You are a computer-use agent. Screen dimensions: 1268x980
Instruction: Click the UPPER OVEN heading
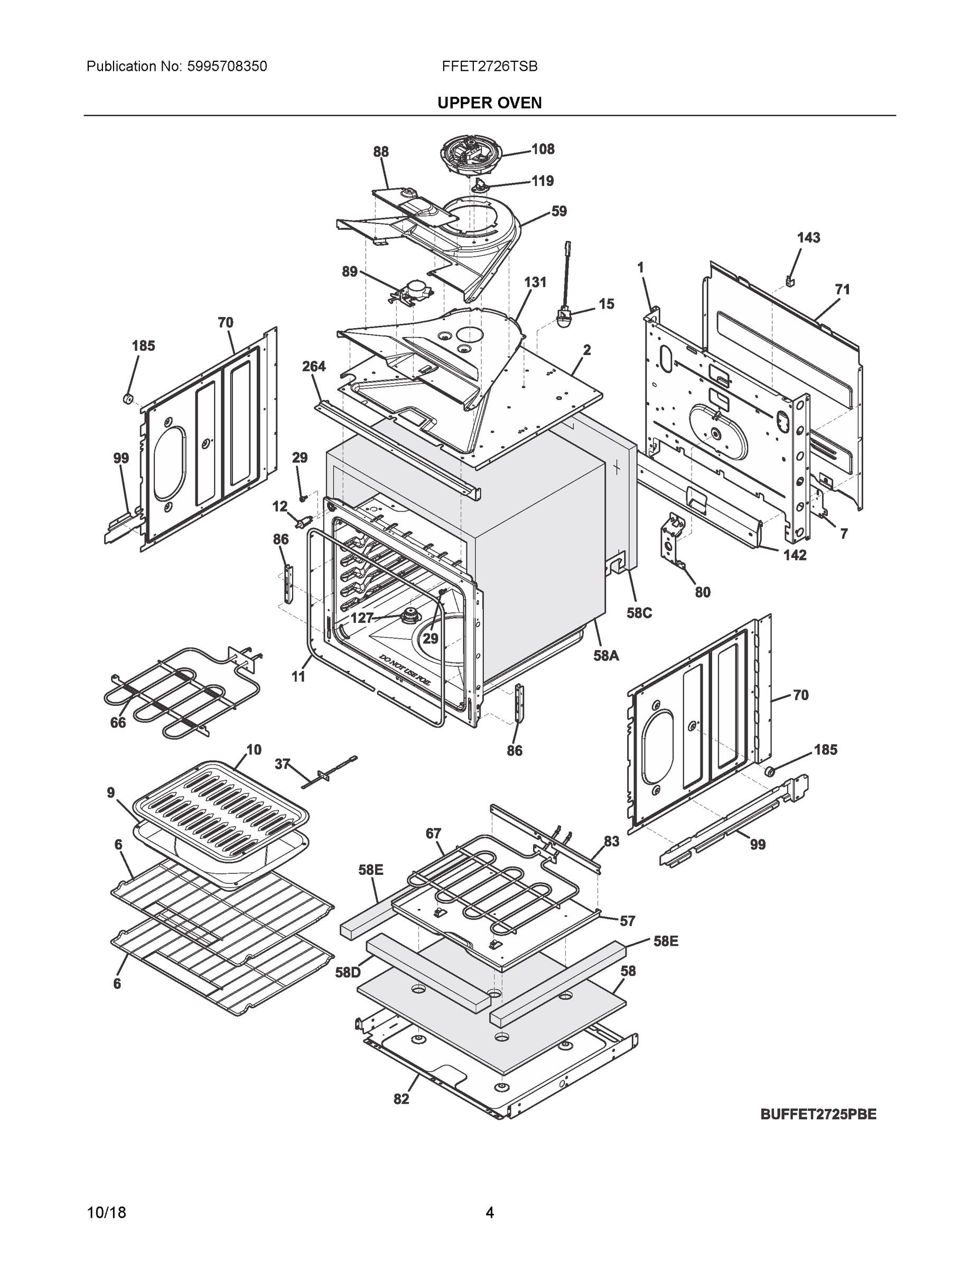[x=489, y=103]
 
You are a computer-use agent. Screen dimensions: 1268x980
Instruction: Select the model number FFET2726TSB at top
[x=489, y=67]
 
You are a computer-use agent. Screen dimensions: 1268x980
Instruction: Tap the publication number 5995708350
[x=227, y=67]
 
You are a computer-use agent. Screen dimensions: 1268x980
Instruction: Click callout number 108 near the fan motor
[x=543, y=149]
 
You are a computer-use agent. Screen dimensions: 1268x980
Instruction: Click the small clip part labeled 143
[x=790, y=281]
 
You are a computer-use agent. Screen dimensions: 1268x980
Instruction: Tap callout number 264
[x=313, y=366]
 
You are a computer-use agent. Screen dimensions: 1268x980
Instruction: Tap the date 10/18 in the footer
[x=106, y=1213]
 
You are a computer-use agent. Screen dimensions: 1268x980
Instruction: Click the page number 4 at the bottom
[x=489, y=1213]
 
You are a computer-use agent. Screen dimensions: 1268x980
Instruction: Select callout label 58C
[x=639, y=613]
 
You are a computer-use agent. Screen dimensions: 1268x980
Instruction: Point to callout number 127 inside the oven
[x=362, y=618]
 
